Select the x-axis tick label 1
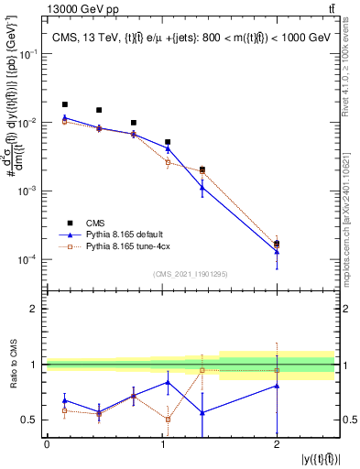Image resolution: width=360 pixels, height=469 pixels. tap(162, 444)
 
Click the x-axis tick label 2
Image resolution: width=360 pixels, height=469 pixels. tap(277, 444)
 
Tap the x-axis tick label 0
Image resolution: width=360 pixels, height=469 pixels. tap(47, 444)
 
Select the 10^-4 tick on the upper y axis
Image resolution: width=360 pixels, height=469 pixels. tap(31, 260)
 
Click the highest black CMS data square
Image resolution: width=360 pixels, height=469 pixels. tap(64, 104)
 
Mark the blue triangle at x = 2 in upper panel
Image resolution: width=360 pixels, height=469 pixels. tap(277, 251)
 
